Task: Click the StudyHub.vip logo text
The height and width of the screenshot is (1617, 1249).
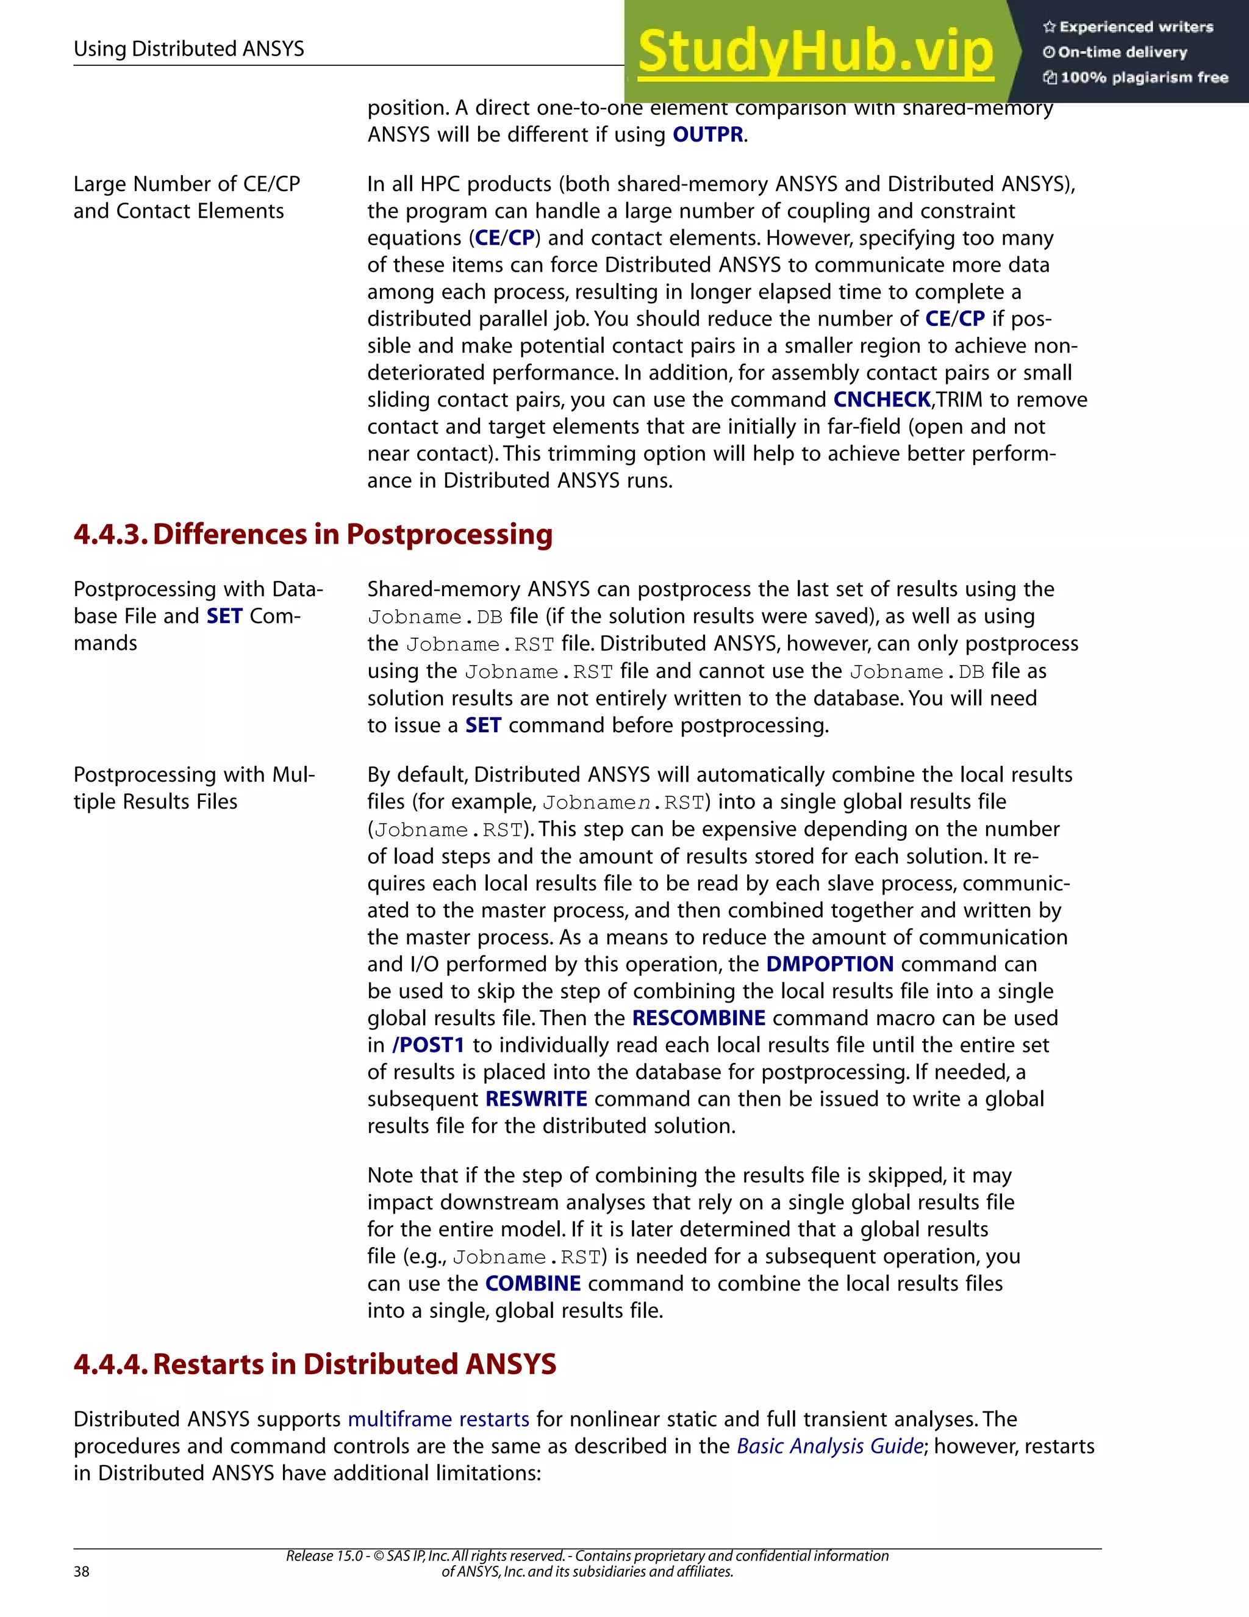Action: pos(815,52)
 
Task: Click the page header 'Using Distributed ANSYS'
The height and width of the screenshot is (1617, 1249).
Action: pos(188,49)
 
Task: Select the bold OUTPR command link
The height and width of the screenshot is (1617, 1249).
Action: pos(707,135)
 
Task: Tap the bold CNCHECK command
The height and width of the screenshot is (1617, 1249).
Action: pos(881,400)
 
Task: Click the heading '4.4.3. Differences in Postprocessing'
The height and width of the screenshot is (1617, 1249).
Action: pos(313,535)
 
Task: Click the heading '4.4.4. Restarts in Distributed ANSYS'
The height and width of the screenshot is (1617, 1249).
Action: pos(315,1364)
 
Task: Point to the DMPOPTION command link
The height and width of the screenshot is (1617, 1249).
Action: pos(829,964)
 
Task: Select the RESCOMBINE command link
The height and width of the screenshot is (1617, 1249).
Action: pos(698,1018)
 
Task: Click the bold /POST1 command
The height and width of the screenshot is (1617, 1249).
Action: pos(428,1045)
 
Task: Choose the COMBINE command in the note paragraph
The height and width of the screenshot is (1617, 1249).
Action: pos(533,1283)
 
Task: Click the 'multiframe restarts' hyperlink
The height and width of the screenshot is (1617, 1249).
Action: pos(438,1419)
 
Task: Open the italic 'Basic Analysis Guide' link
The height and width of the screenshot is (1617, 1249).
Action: pos(829,1446)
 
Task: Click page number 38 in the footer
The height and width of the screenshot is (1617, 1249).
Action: pos(81,1572)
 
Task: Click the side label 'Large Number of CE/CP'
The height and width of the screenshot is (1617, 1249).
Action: pos(187,184)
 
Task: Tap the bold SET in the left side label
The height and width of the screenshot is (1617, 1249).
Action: pos(224,616)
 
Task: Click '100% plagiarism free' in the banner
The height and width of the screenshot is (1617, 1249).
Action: pos(1143,77)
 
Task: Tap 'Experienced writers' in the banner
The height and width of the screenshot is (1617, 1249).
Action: pos(1136,27)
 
